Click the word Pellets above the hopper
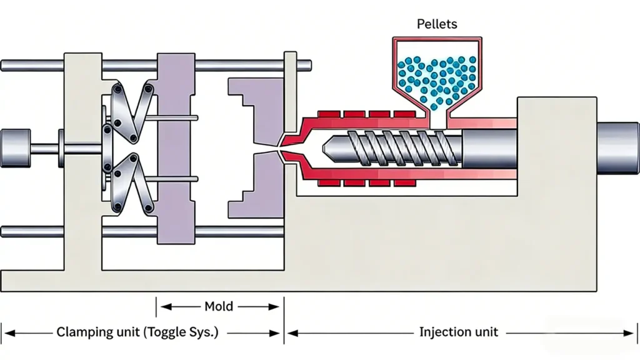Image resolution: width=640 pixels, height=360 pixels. (437, 24)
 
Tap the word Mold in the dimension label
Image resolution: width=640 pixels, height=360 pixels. (219, 306)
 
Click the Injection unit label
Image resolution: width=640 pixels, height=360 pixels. (458, 332)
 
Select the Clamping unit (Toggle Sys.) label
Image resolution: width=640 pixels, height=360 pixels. (137, 332)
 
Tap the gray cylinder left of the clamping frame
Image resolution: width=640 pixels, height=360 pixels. (15, 148)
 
